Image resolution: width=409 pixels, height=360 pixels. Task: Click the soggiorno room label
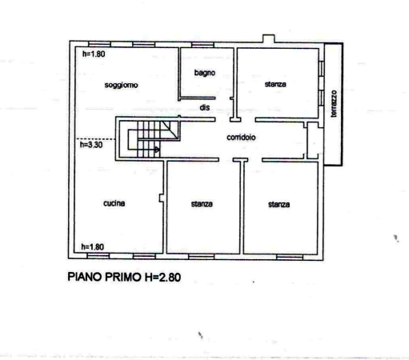pos(121,85)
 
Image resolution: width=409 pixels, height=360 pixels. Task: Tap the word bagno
pos(205,73)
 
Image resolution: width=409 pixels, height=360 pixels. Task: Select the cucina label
pos(114,203)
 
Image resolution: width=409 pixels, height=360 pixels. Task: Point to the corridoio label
pos(241,138)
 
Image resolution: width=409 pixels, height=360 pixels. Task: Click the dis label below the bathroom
pos(205,107)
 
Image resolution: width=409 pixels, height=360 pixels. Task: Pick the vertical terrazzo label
pos(334,104)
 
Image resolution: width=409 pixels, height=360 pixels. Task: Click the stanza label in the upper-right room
pos(275,84)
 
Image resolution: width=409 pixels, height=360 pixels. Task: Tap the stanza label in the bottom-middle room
pos(202,204)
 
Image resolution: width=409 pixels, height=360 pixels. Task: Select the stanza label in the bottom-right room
pos(279,205)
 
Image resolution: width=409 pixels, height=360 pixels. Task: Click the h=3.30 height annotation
pos(91,145)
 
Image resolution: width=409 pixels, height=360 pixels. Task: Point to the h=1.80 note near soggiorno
pos(94,54)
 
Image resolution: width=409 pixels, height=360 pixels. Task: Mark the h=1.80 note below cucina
pos(93,247)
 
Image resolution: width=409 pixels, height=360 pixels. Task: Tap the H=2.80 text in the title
pos(162,277)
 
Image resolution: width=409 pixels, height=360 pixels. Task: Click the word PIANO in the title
pos(85,277)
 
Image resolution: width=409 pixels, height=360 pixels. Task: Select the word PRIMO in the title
pos(123,277)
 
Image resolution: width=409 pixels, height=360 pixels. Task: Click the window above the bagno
pos(202,45)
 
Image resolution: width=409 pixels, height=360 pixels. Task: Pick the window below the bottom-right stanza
pos(290,257)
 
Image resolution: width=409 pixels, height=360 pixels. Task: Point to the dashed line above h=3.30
pos(96,139)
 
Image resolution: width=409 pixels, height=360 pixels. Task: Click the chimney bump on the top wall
pos(269,38)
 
